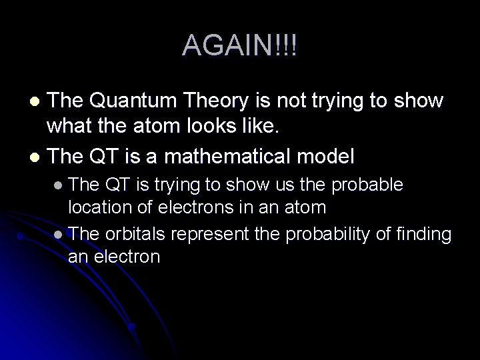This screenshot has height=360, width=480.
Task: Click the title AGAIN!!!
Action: (240, 45)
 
